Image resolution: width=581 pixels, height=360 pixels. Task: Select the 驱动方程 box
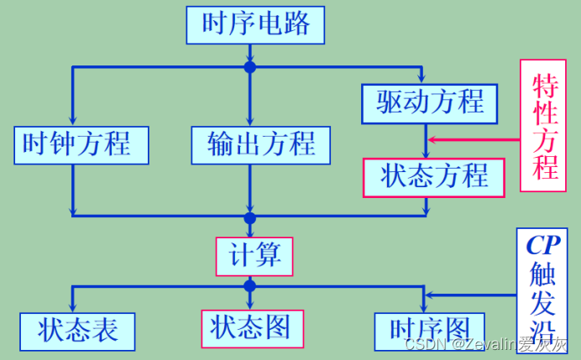pos(430,103)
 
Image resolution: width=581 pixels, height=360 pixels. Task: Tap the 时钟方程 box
pos(81,144)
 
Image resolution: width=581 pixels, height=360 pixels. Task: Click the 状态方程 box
pos(433,176)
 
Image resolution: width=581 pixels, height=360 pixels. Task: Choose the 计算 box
pos(255,255)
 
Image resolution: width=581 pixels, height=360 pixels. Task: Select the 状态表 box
pos(77,331)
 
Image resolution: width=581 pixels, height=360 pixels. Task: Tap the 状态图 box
pos(251,328)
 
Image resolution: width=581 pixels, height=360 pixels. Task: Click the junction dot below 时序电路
pos(249,66)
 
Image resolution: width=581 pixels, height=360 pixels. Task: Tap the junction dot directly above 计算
pos(249,218)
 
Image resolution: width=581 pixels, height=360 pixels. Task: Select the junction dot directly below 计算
pos(249,286)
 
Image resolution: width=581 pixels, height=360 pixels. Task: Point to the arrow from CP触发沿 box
pos(470,295)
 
